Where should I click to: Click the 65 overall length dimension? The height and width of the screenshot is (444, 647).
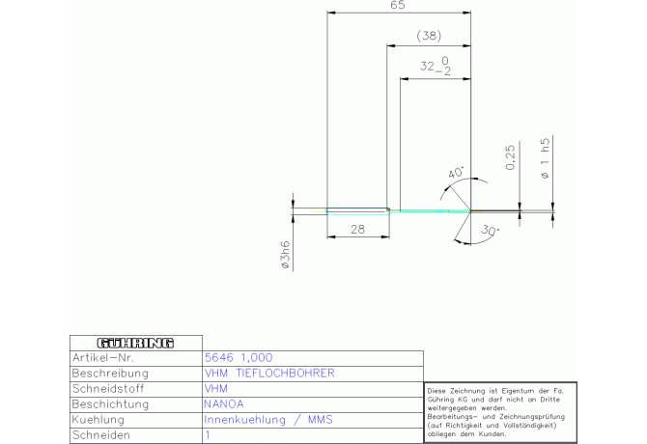tap(398, 5)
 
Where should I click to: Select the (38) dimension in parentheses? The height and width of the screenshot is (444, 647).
tap(429, 36)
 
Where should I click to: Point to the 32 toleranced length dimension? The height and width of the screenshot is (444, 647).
tap(436, 66)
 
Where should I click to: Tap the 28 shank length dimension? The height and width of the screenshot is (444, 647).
tap(357, 229)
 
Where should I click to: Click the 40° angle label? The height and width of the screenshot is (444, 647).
tap(456, 173)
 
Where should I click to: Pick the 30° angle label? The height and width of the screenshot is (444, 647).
tap(490, 230)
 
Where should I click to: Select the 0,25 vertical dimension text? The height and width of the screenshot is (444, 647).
tap(511, 157)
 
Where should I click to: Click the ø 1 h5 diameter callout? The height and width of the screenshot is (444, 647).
tap(545, 158)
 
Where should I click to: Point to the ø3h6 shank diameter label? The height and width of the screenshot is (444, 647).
tap(285, 255)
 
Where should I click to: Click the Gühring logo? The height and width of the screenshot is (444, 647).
tap(136, 343)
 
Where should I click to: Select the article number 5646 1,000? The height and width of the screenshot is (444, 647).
tap(239, 357)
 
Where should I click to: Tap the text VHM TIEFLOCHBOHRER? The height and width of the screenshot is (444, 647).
tap(269, 374)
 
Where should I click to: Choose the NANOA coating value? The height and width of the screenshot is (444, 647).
tap(224, 404)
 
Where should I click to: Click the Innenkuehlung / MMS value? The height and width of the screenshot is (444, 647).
tap(268, 420)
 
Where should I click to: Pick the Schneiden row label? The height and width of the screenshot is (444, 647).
tap(101, 435)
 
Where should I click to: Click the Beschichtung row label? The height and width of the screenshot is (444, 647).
tap(110, 404)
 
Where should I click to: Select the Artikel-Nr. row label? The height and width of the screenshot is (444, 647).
tap(103, 357)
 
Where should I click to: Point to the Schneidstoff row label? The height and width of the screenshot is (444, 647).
tap(108, 388)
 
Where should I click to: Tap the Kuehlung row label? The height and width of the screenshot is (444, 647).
tap(98, 420)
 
